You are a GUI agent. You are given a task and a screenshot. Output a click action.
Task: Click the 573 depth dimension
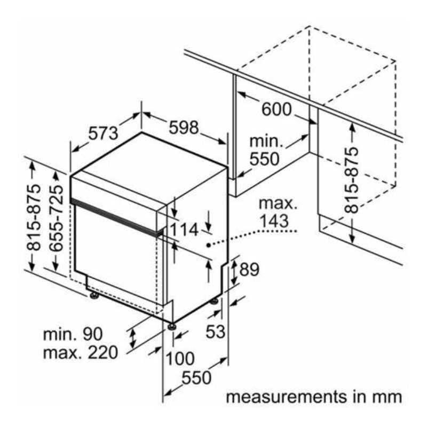pos(104,133)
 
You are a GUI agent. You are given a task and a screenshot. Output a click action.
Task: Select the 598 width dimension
pos(184,128)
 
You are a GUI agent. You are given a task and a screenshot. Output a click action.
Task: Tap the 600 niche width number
pos(276,109)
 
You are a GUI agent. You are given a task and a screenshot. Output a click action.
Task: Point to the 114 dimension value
pos(184,230)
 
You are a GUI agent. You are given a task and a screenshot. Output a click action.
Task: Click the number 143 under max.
pos(274,220)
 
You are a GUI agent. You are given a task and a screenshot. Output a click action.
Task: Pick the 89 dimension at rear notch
pos(249,270)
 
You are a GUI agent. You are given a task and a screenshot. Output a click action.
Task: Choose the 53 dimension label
pos(216,331)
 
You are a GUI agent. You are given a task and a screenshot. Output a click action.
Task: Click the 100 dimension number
pos(180,358)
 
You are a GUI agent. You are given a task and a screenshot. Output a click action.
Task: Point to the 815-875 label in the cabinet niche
pos(351,180)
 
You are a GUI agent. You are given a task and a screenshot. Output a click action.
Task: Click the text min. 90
pos(73,334)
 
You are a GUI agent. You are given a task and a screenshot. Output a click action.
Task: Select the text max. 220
pos(81,352)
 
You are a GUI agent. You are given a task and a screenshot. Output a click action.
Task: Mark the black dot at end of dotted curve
pos(208,245)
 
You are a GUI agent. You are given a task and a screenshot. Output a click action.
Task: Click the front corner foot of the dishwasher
pos(171,326)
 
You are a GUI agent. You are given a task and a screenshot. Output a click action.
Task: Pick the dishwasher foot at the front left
pos(94,296)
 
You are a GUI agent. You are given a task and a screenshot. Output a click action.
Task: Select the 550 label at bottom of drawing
pos(196,378)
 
